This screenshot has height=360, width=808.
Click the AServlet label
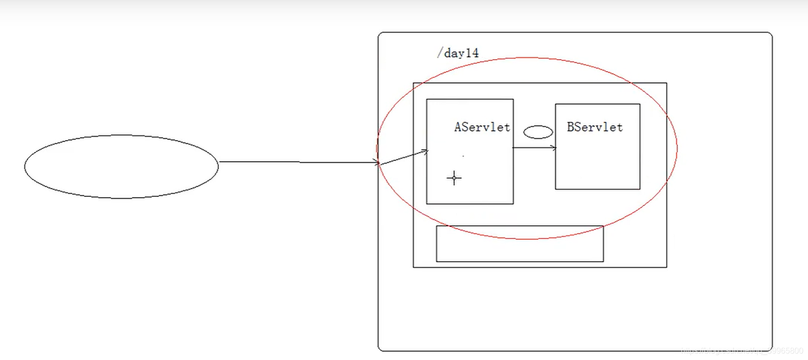(482, 127)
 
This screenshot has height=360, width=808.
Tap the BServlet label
(595, 127)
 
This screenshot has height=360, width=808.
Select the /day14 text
(458, 53)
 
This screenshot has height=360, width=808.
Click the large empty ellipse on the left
(121, 166)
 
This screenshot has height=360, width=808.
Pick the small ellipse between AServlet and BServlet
(538, 132)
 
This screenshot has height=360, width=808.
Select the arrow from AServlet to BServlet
(534, 148)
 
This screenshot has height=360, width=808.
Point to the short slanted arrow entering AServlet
(403, 157)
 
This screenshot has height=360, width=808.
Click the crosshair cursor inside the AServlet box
(454, 178)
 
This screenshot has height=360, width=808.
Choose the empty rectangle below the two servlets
(519, 244)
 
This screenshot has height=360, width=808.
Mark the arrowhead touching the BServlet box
(554, 148)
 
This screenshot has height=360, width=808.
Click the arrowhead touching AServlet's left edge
(425, 151)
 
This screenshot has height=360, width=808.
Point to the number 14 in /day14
(472, 53)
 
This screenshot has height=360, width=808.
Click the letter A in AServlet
(458, 127)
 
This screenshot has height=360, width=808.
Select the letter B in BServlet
(571, 127)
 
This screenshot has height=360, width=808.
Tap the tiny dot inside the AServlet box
(463, 156)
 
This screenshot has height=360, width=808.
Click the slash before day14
(440, 53)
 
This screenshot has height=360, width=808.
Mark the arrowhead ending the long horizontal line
(376, 162)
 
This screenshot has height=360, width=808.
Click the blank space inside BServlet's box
(597, 163)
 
